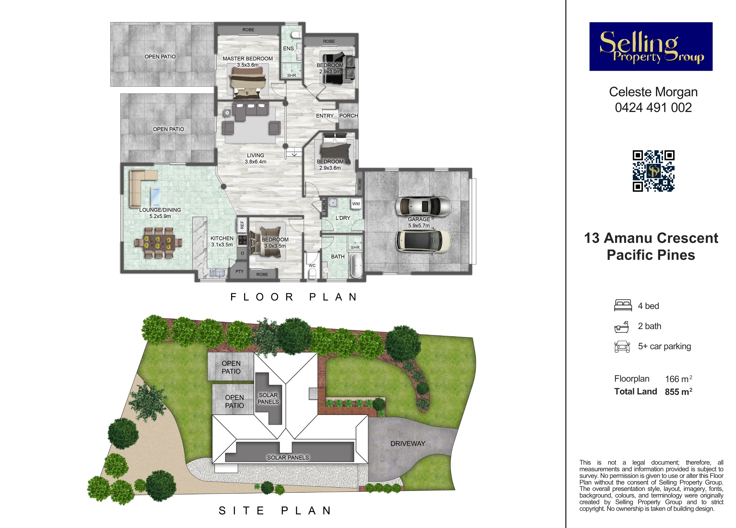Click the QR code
pos(653,171)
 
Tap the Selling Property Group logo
pos(651,46)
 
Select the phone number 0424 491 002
pos(653,108)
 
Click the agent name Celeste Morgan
pos(653,92)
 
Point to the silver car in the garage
pos(423,206)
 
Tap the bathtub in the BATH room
pos(356,266)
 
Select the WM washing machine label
pos(356,204)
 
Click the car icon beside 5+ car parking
pos(622,346)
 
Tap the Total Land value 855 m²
pos(679,391)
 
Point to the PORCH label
pos(349,116)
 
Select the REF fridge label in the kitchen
pos(242,224)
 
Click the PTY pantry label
pos(239,271)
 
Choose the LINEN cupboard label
pos(324,206)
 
